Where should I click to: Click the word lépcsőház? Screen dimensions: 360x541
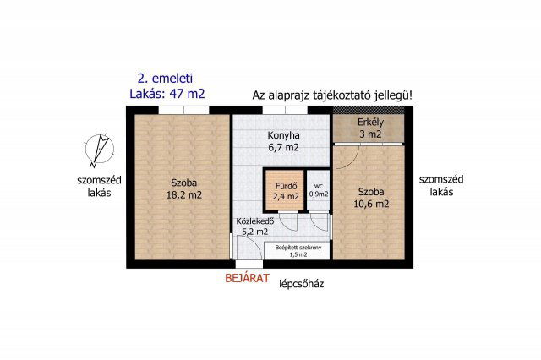tap(302, 284)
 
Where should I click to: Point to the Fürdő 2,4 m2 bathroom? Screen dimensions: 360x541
tap(286, 191)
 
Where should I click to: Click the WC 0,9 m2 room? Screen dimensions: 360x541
tap(319, 189)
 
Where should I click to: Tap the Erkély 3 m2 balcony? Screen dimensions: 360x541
tap(370, 128)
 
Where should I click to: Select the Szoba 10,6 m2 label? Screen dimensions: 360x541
tap(372, 198)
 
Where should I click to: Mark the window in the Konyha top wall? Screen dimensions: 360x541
tap(279, 109)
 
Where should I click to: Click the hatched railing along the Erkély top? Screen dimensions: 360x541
tap(370, 110)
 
